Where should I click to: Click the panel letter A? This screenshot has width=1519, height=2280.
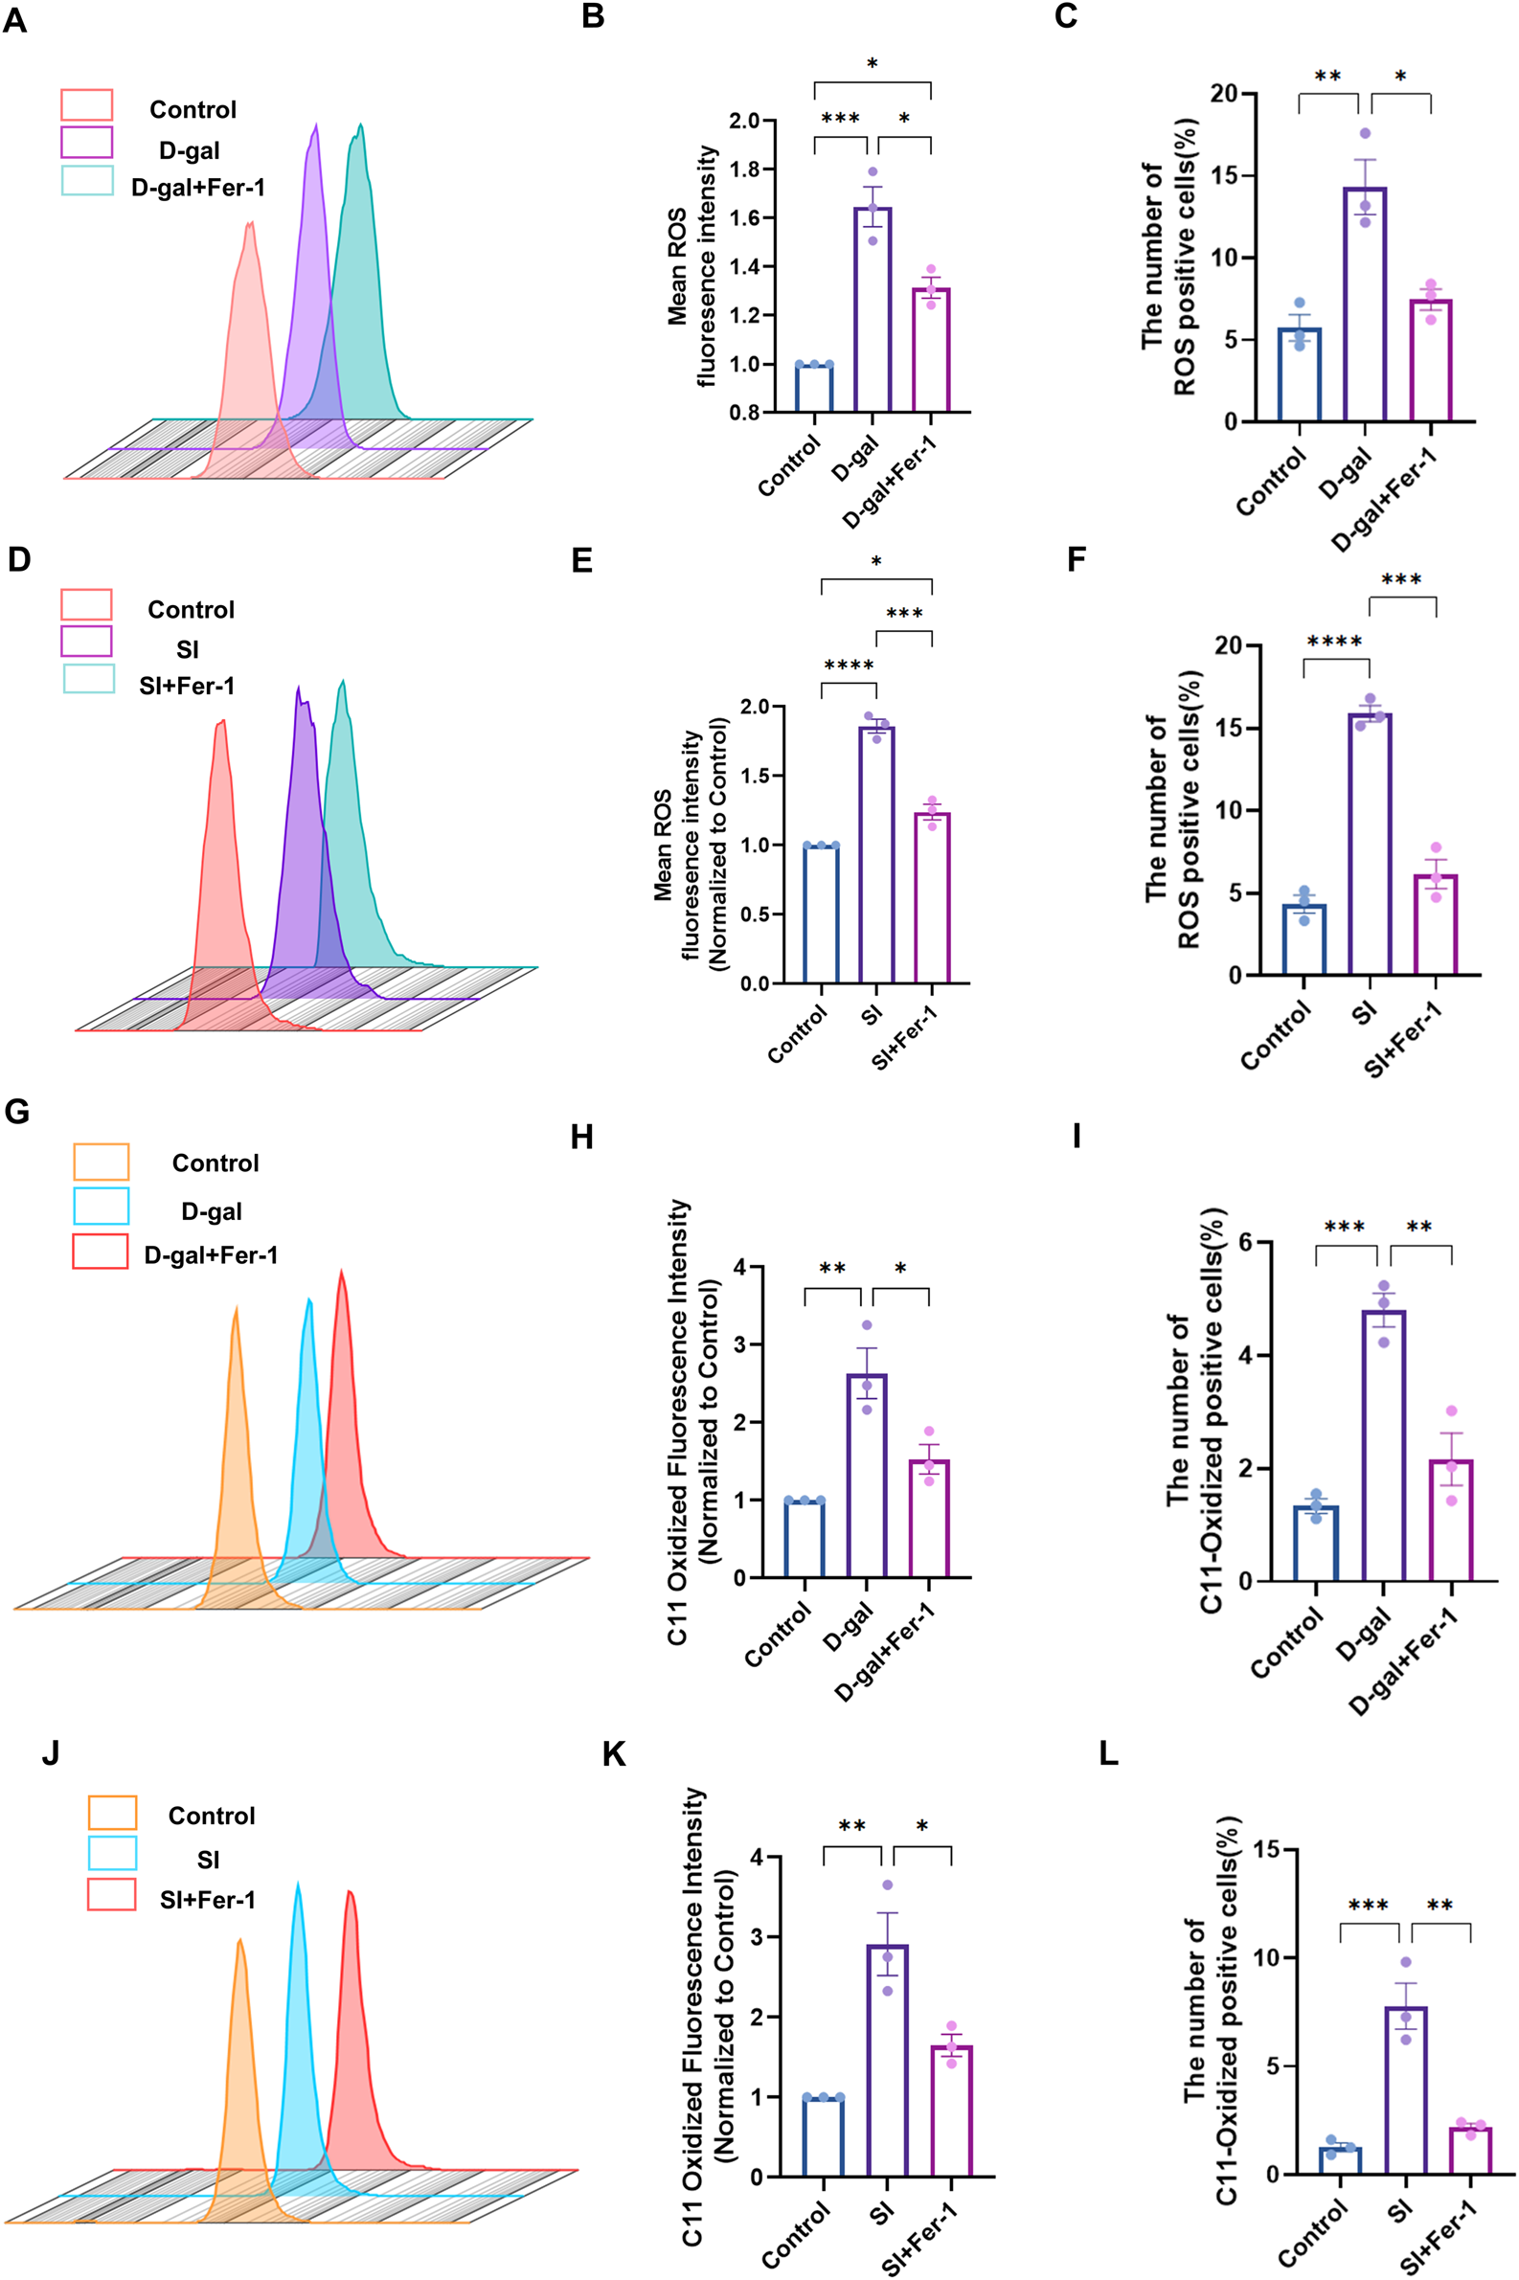pos(14,19)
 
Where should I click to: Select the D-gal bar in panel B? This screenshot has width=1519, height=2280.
pos(872,310)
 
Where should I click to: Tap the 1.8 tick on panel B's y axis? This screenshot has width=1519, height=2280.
pos(745,169)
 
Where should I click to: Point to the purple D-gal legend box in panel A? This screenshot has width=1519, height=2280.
pos(86,143)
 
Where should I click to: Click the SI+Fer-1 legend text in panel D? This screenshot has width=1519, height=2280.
pos(187,686)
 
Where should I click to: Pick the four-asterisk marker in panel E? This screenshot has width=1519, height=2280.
pos(849,666)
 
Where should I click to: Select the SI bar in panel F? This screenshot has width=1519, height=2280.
pos(1370,844)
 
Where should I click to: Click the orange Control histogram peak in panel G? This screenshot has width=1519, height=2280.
pos(236,1310)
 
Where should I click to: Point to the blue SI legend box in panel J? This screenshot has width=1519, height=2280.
pos(112,1853)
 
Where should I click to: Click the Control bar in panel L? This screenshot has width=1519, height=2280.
pos(1341,2160)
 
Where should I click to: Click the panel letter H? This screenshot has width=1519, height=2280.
pos(582,1137)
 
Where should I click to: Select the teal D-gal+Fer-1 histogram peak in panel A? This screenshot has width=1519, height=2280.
pos(360,125)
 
